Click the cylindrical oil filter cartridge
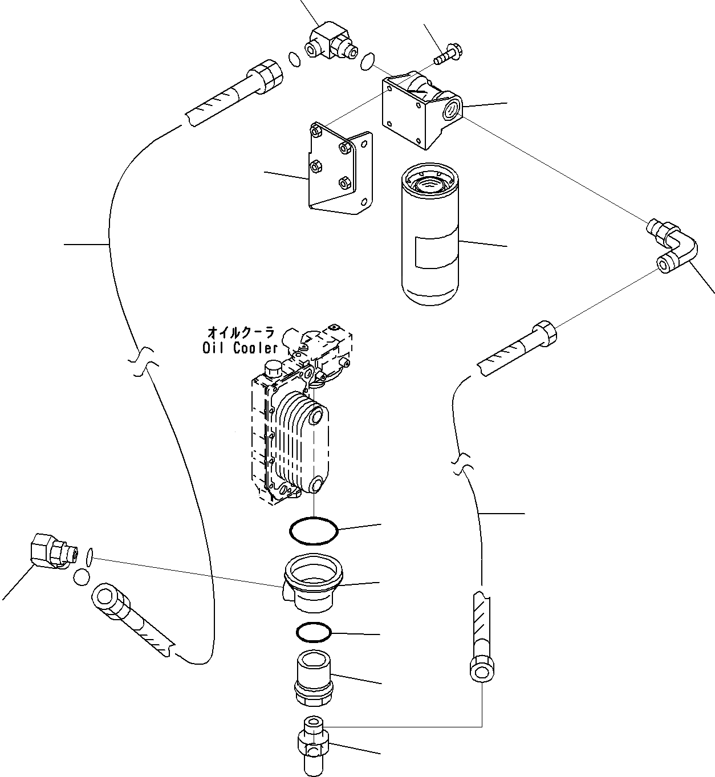pos(429,234)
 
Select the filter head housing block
pos(421,109)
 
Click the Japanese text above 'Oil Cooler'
pos(241,332)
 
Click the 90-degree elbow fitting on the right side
pos(672,247)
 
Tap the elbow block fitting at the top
pos(332,43)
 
